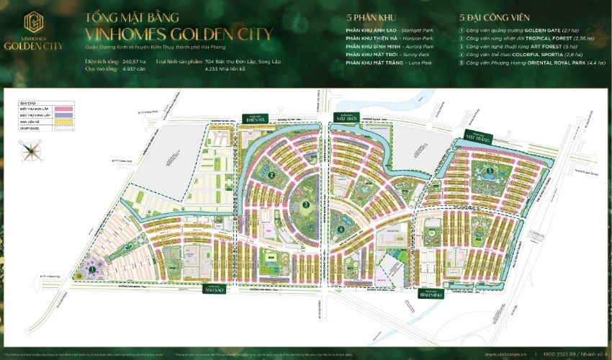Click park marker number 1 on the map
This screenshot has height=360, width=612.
tap(92, 269)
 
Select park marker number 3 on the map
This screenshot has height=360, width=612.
tap(306, 204)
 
